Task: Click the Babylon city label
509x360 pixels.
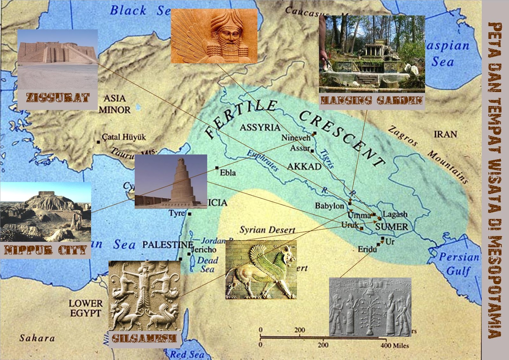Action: (x=329, y=206)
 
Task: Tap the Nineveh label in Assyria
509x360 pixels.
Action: (x=296, y=138)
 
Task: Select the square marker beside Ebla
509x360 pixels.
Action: (x=217, y=168)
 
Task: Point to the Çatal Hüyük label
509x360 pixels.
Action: (x=124, y=137)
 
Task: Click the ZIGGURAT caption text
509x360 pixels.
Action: (x=58, y=98)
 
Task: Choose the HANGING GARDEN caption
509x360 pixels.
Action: (x=372, y=101)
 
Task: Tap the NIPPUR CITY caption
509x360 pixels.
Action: (x=45, y=250)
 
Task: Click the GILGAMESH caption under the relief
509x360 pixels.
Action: (x=144, y=338)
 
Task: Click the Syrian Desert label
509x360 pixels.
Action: (x=267, y=230)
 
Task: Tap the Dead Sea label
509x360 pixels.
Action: (x=207, y=265)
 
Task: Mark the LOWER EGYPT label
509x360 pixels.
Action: (x=86, y=308)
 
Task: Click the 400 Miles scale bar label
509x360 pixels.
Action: (x=394, y=345)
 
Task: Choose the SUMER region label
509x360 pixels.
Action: (x=391, y=227)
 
